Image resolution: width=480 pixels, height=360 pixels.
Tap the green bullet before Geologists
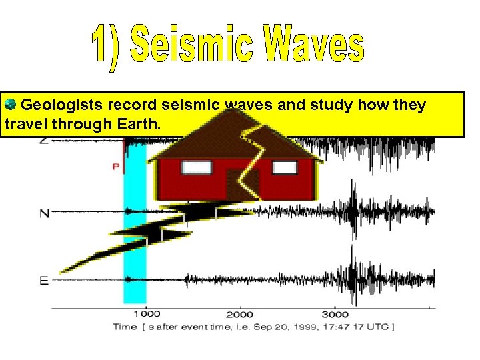[10, 105]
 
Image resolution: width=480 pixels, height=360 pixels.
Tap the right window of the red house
[285, 167]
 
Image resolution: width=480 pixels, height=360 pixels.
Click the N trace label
[44, 213]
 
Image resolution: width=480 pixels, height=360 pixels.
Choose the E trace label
[44, 280]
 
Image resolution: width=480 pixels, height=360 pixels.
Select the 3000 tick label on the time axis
[335, 314]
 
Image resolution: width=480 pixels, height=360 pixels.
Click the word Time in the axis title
[125, 326]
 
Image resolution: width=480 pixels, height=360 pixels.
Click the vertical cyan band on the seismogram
[136, 253]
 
